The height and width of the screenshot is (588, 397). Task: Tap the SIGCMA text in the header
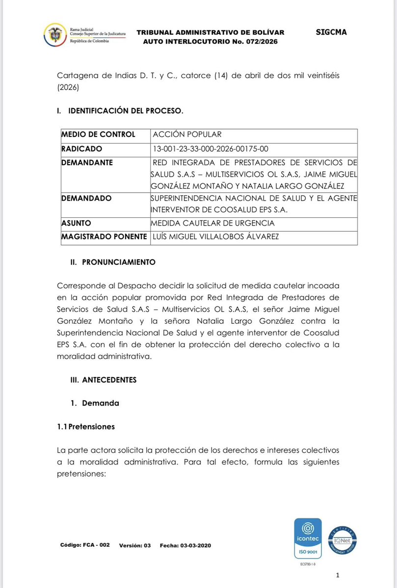pyautogui.click(x=332, y=32)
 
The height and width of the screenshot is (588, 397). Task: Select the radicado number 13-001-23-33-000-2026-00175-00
pyautogui.click(x=211, y=149)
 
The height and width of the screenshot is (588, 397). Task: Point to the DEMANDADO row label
pyautogui.click(x=86, y=198)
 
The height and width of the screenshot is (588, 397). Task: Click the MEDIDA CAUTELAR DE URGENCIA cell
pyautogui.click(x=213, y=223)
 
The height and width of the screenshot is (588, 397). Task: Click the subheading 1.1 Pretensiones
pyautogui.click(x=86, y=427)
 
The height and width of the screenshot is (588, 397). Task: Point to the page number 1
pyautogui.click(x=338, y=575)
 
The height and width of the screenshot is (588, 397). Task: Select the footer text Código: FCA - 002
pyautogui.click(x=85, y=545)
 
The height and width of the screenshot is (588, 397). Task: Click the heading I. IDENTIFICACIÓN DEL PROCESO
pyautogui.click(x=120, y=111)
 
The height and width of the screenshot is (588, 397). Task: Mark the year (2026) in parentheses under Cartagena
pyautogui.click(x=68, y=88)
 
